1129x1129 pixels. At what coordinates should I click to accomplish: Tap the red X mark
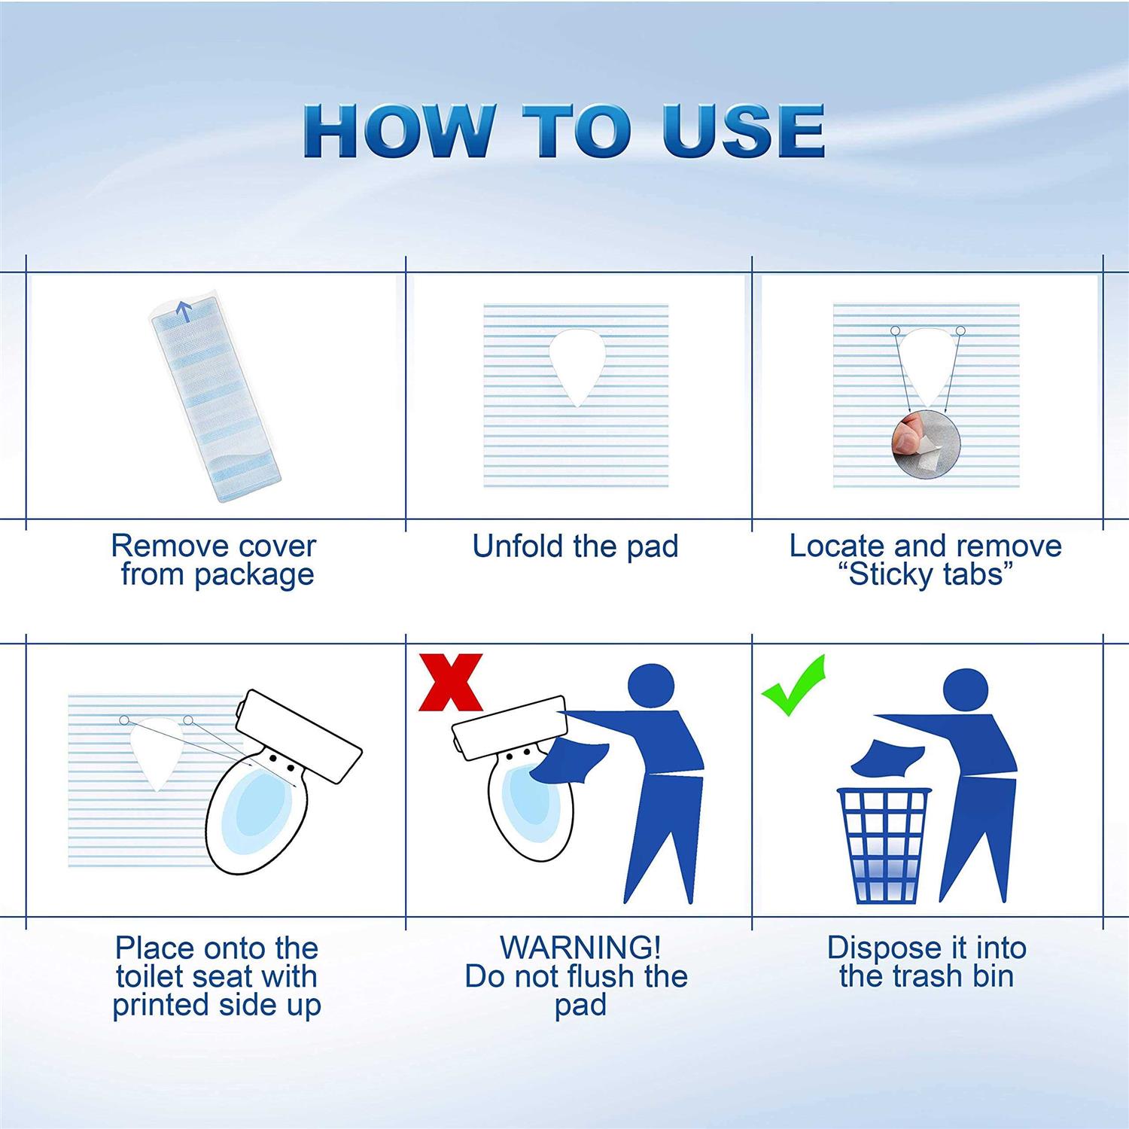click(450, 683)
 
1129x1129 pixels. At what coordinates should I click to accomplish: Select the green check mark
click(795, 686)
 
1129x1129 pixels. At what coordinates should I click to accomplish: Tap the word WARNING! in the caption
click(580, 948)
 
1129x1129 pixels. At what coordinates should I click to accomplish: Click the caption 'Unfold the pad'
click(575, 546)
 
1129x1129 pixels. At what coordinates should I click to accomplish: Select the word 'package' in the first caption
click(254, 575)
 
